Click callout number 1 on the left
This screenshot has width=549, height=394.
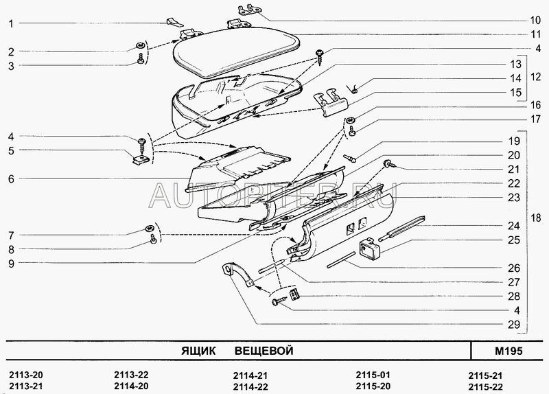pyautogui.click(x=11, y=24)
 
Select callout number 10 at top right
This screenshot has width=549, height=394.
pyautogui.click(x=535, y=20)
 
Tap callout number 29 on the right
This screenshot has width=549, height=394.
pyautogui.click(x=513, y=325)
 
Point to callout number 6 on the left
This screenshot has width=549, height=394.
pyautogui.click(x=11, y=179)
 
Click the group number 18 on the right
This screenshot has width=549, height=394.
pyautogui.click(x=536, y=218)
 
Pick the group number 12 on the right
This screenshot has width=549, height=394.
pyautogui.click(x=536, y=76)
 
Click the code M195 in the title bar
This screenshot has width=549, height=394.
pyautogui.click(x=509, y=351)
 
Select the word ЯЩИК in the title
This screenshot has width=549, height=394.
pyautogui.click(x=198, y=351)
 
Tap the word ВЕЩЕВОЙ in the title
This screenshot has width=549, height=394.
pyautogui.click(x=264, y=351)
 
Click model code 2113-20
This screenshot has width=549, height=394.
pyautogui.click(x=26, y=375)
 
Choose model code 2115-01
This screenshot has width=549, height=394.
pyautogui.click(x=373, y=375)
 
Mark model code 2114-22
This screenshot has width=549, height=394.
pyautogui.click(x=250, y=386)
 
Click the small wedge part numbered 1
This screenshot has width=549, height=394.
pyautogui.click(x=174, y=22)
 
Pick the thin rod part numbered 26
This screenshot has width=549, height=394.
pyautogui.click(x=340, y=259)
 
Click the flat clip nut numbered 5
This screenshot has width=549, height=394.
pyautogui.click(x=142, y=159)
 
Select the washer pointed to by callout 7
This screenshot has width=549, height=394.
pyautogui.click(x=150, y=229)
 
